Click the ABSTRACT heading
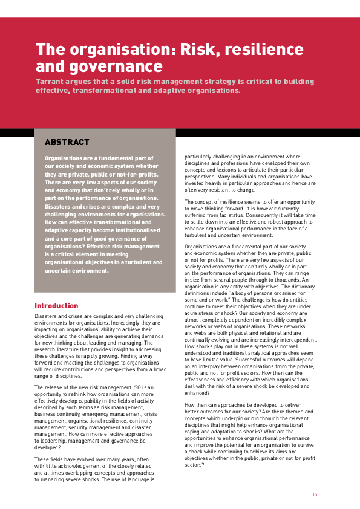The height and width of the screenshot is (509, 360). pyautogui.click(x=67, y=143)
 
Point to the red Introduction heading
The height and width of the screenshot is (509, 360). pyautogui.click(x=56, y=306)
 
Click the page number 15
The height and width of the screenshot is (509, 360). pyautogui.click(x=315, y=494)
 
